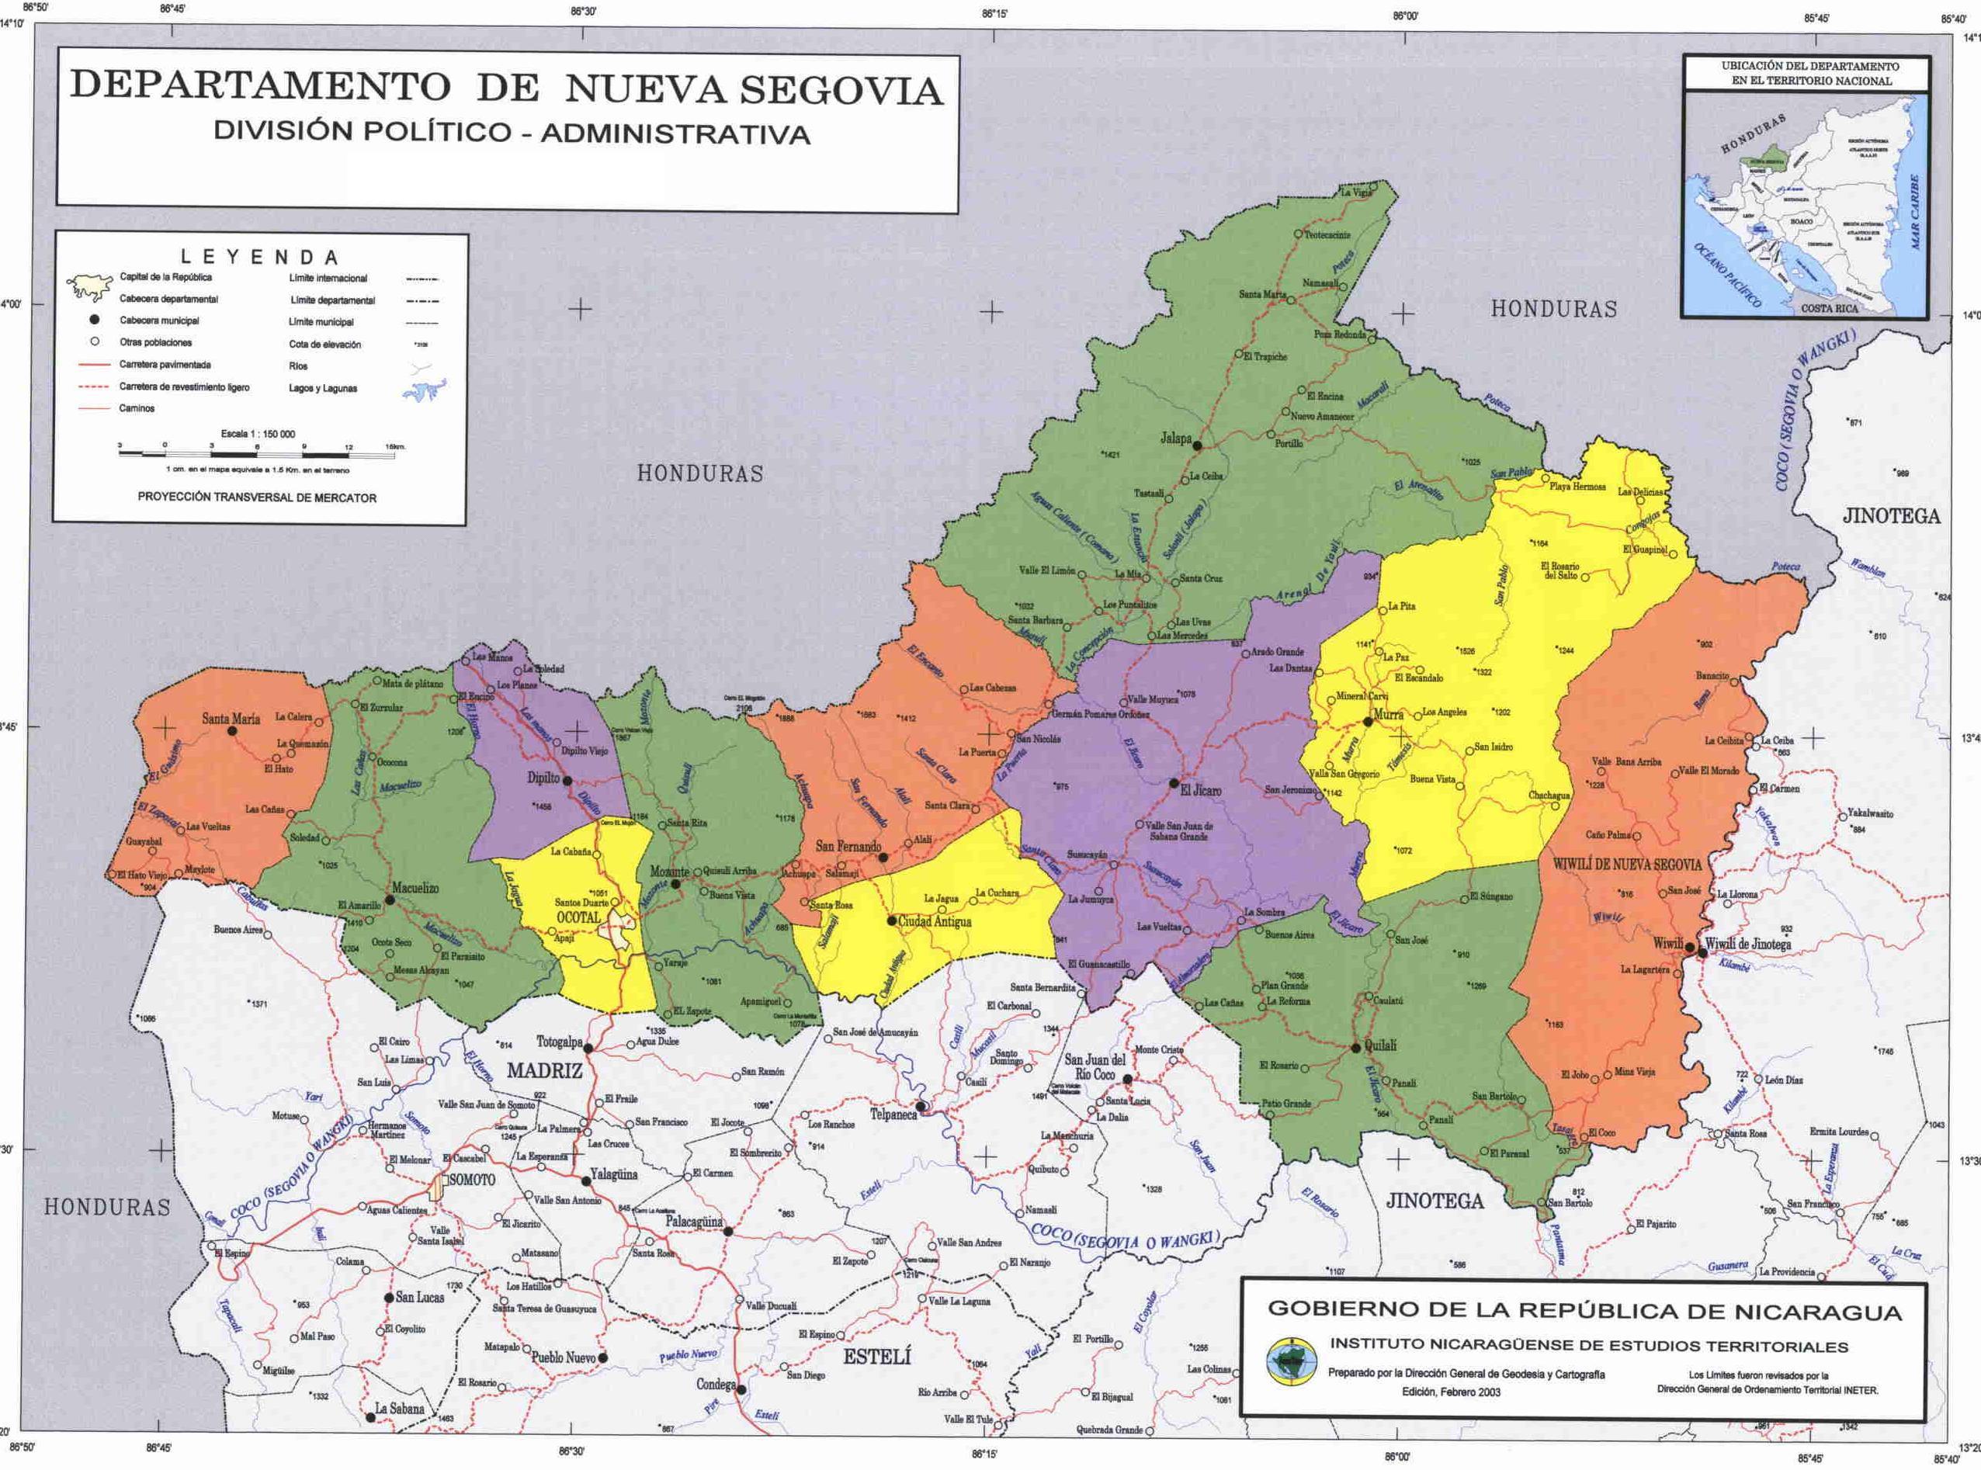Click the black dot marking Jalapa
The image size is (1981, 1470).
coord(1197,446)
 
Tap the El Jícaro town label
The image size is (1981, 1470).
coord(1201,790)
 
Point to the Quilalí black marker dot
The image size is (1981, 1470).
coord(1355,1047)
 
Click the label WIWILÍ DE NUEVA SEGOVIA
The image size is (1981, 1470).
coord(1627,865)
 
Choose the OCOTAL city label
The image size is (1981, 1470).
coord(579,917)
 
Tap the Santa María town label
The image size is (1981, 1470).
coord(231,718)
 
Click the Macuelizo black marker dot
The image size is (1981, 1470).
coord(389,900)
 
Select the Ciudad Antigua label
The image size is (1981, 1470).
coord(935,922)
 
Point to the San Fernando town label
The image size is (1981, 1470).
coord(848,846)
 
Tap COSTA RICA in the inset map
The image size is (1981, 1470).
coord(1829,308)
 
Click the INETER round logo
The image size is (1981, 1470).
coord(1292,1361)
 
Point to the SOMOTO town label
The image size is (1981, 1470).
coord(472,1180)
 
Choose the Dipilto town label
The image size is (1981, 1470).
coord(543,778)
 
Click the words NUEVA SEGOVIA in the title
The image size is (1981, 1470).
coord(753,90)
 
